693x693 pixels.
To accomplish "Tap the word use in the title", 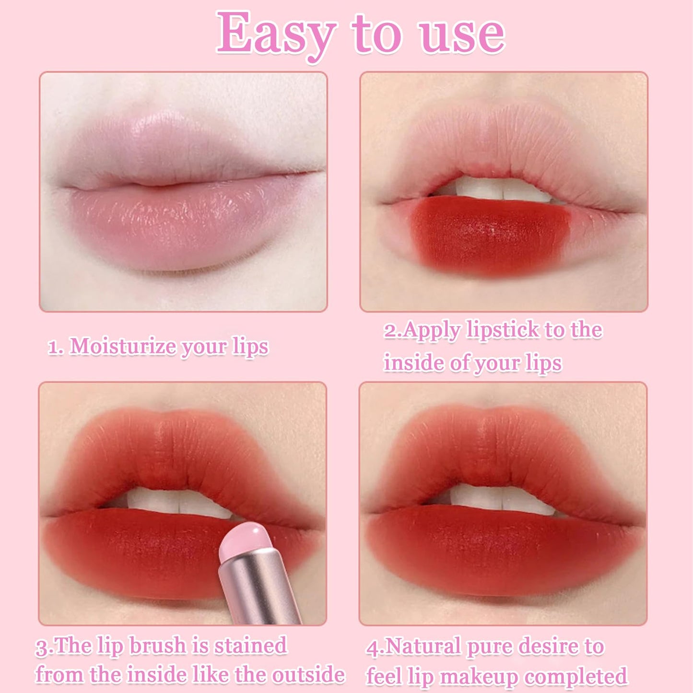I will click(462, 35).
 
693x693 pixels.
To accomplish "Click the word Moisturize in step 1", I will click(122, 346).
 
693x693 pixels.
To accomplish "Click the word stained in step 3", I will click(250, 646).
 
